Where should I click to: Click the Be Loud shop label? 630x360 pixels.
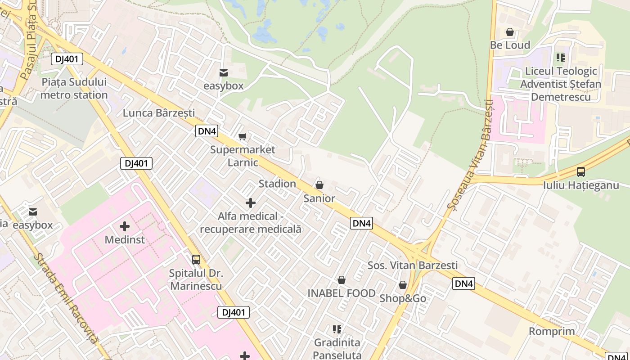(510, 45)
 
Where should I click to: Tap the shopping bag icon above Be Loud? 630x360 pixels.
(510, 32)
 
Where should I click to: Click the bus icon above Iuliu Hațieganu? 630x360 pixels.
(581, 171)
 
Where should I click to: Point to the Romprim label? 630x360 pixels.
(552, 331)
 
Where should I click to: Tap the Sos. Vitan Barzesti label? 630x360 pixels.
(413, 265)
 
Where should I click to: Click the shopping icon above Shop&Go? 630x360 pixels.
(403, 285)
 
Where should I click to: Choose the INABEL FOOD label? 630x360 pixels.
(342, 293)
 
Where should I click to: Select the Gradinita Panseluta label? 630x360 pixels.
(337, 349)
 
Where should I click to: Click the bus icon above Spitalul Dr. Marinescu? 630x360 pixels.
(196, 259)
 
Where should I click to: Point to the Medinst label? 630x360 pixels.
(125, 239)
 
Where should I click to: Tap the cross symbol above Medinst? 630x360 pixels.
(125, 226)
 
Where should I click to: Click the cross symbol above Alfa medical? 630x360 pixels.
(251, 203)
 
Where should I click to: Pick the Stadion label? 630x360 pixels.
(277, 184)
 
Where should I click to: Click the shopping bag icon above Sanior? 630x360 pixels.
(319, 185)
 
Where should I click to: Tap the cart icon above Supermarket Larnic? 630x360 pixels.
(243, 136)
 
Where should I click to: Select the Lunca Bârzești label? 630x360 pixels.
(159, 112)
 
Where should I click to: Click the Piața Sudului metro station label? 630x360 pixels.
(74, 89)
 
